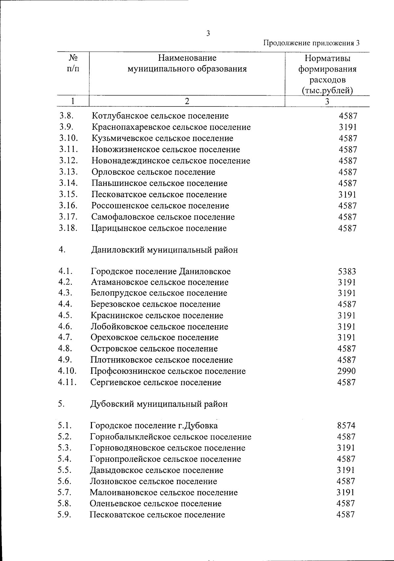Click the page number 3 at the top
tap(208, 33)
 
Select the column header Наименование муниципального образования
tap(187, 64)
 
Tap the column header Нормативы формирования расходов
tap(327, 74)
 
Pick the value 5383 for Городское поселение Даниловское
tap(347, 272)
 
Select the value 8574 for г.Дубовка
tap(346, 426)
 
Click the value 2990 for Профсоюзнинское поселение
tap(346, 371)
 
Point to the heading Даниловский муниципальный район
tap(164, 250)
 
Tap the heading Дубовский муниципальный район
tap(159, 404)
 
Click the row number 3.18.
tap(68, 228)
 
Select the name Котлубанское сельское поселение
tap(160, 116)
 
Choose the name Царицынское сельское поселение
tap(159, 228)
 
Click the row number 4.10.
tap(67, 371)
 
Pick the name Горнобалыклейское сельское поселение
tap(171, 437)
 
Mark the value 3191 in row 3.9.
tap(348, 127)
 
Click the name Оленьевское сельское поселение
tap(156, 504)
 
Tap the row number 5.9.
tap(65, 515)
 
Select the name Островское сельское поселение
tap(154, 349)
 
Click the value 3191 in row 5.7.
tap(346, 492)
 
